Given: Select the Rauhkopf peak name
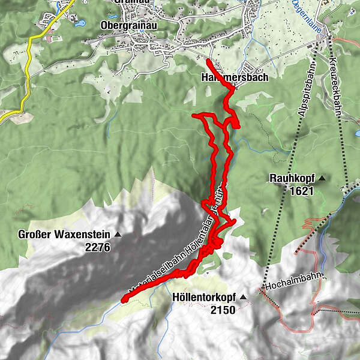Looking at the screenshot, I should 292,178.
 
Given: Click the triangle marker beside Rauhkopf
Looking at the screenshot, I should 322,178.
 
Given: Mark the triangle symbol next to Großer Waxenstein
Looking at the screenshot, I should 118,234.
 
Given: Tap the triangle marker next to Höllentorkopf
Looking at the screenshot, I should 244,297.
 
